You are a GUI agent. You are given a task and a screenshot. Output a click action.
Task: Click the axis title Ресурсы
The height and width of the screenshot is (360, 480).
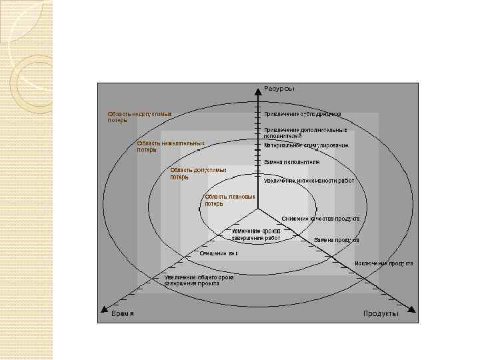click(279, 88)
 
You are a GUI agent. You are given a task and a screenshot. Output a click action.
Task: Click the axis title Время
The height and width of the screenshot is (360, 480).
click(122, 314)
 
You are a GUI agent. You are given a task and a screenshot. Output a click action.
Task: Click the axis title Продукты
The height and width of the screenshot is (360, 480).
click(381, 314)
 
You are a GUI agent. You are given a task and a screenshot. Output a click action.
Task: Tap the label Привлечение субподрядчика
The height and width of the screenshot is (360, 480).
click(303, 114)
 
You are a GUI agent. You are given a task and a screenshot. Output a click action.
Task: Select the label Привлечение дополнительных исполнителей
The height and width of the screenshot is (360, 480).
click(305, 133)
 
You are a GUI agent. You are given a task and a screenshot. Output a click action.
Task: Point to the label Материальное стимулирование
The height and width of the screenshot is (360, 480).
click(305, 145)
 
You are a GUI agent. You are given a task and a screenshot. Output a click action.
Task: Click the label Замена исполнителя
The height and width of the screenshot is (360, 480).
click(291, 162)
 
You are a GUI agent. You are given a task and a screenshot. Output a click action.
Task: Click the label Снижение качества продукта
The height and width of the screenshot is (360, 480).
click(320, 219)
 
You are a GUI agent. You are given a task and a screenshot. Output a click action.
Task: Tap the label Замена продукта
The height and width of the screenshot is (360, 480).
click(336, 240)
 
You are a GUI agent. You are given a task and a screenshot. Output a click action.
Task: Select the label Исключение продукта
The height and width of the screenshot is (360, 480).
click(383, 263)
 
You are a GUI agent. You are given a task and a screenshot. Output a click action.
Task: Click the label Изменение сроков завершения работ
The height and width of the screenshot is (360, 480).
click(257, 234)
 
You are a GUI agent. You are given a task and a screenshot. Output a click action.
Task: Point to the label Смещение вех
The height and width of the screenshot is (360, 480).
click(219, 253)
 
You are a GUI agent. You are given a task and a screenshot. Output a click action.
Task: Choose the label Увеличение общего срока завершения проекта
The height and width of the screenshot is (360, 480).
click(199, 280)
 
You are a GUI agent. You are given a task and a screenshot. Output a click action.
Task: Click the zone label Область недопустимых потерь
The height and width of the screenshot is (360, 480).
click(139, 117)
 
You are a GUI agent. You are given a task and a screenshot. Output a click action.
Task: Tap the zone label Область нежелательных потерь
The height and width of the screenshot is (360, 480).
click(170, 146)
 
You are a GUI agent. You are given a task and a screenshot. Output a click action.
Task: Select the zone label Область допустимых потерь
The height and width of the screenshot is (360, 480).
click(198, 173)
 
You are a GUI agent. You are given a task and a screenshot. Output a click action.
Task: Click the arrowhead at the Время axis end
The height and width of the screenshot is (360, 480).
click(103, 309)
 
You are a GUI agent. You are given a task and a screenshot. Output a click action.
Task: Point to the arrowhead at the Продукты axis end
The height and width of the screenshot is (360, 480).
click(411, 309)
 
